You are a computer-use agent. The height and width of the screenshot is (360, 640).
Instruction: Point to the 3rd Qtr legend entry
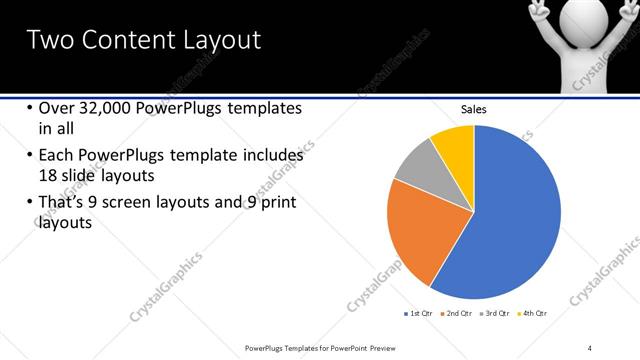point(497,313)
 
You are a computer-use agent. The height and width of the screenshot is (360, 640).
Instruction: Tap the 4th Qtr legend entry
point(534,313)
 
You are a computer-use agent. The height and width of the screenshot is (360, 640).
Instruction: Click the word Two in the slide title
point(47,40)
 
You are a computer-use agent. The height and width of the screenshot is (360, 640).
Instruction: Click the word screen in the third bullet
point(161,203)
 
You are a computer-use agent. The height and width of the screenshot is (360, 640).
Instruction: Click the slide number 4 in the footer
point(590,347)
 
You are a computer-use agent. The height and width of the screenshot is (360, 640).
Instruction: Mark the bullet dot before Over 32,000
point(29,108)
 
